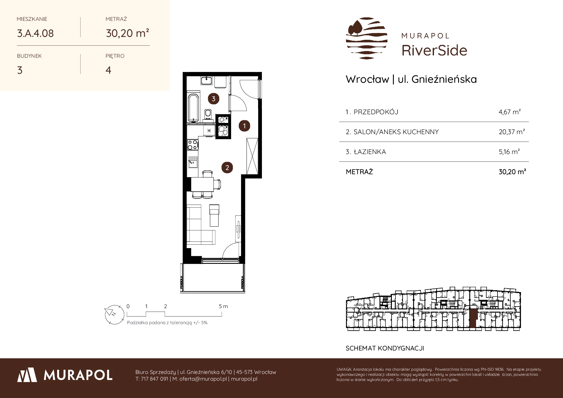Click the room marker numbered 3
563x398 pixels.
pos(213,99)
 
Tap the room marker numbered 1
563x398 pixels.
pos(244,126)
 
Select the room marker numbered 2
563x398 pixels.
pos(227,168)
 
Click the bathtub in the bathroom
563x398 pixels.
pos(193,108)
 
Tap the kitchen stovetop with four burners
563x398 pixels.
pos(193,144)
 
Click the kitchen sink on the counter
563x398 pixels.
pos(193,162)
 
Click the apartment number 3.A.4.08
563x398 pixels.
pos(35,33)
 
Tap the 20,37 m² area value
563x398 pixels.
pos(512,132)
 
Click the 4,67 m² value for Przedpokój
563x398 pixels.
pos(510,112)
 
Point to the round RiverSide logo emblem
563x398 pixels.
pos(367,38)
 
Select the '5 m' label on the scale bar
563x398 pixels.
pos(223,306)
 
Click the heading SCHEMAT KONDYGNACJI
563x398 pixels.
pos(385,348)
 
